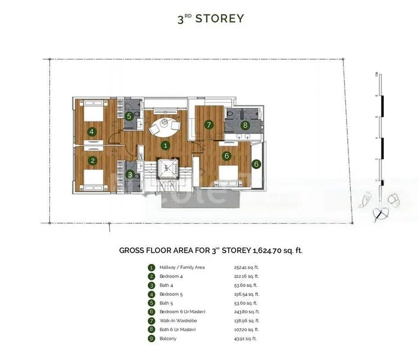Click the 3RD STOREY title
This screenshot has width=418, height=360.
click(x=210, y=19)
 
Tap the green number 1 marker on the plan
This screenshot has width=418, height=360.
click(x=166, y=145)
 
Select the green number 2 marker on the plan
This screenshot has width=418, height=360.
click(x=92, y=160)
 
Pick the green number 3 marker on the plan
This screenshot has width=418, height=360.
click(x=131, y=175)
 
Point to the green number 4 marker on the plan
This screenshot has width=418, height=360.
click(x=92, y=131)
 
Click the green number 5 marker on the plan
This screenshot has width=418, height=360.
click(x=129, y=116)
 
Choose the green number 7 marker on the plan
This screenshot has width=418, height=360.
click(x=208, y=125)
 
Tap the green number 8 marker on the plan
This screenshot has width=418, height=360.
click(x=244, y=125)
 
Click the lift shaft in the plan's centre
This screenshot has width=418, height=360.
click(x=166, y=170)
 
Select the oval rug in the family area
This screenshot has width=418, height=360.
click(x=165, y=126)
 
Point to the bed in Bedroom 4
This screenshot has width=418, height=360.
click(x=90, y=178)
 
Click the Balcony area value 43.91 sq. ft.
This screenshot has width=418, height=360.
click(x=245, y=339)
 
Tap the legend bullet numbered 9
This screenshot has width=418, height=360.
click(x=151, y=339)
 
